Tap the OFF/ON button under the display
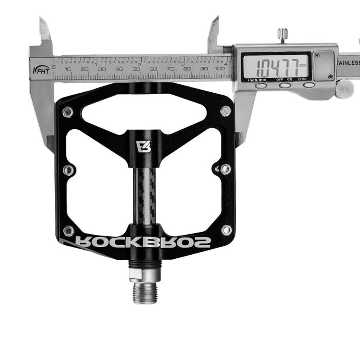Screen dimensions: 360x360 pos(285,85)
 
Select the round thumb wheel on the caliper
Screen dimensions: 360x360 pos(344,89)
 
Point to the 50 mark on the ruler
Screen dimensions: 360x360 pos(136,69)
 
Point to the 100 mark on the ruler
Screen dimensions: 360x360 pos(220,69)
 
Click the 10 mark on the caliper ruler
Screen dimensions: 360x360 pos(68,69)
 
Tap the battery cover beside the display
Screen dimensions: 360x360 pos(323,66)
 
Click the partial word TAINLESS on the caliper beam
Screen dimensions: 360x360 pos(349,63)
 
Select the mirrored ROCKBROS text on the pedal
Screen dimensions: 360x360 pos(143,242)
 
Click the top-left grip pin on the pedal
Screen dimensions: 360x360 pos(67,112)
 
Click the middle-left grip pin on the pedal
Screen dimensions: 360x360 pos(68,170)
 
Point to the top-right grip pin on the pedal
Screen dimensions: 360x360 pos(225,111)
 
